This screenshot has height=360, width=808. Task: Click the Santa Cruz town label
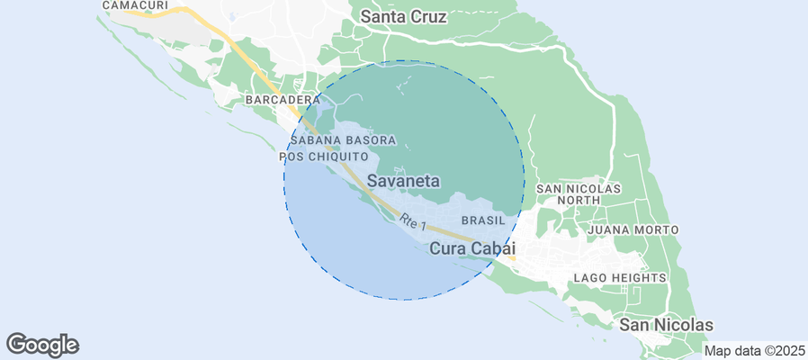[x=404, y=16]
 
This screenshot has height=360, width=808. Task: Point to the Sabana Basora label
[x=343, y=141]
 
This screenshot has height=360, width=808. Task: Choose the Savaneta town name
[x=404, y=181]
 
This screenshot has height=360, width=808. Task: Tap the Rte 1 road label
[x=412, y=222]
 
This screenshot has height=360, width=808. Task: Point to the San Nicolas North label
[x=579, y=194]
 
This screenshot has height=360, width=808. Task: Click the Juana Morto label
[x=633, y=230]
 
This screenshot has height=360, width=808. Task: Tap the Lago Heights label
[x=620, y=278]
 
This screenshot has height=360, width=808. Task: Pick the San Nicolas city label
[x=667, y=325]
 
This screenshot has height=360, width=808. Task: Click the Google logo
[x=43, y=344]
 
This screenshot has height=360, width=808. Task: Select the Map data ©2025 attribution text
[x=754, y=351]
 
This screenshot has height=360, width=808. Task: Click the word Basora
[x=371, y=141]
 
